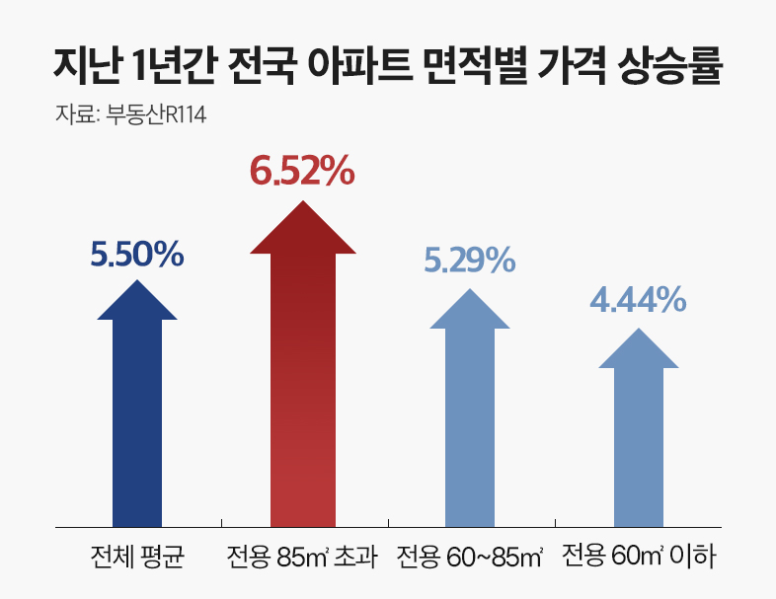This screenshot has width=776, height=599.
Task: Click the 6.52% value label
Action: (x=302, y=172)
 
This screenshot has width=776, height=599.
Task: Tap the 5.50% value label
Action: (x=137, y=255)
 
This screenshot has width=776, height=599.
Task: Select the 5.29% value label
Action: (x=469, y=261)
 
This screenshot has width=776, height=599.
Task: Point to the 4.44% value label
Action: (x=638, y=299)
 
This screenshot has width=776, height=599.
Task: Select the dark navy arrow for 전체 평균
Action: (x=137, y=414)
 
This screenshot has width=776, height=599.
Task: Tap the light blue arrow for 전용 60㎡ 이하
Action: (x=638, y=434)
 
